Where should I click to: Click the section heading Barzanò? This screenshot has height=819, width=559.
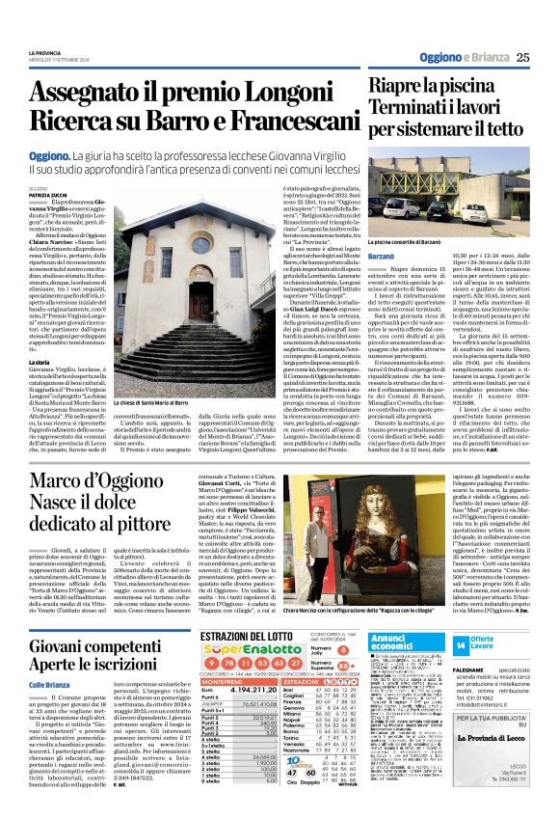(x=389, y=258)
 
